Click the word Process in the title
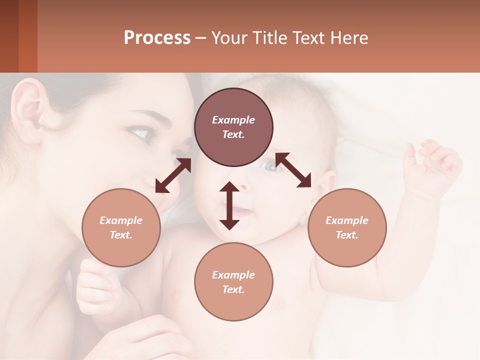pos(157,38)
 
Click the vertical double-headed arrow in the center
pos(229,205)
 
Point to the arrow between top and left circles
pos(173,175)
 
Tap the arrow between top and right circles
pos(293,170)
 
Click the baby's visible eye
pos(270,166)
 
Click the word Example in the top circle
pos(233,120)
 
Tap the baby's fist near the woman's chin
pos(95,285)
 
